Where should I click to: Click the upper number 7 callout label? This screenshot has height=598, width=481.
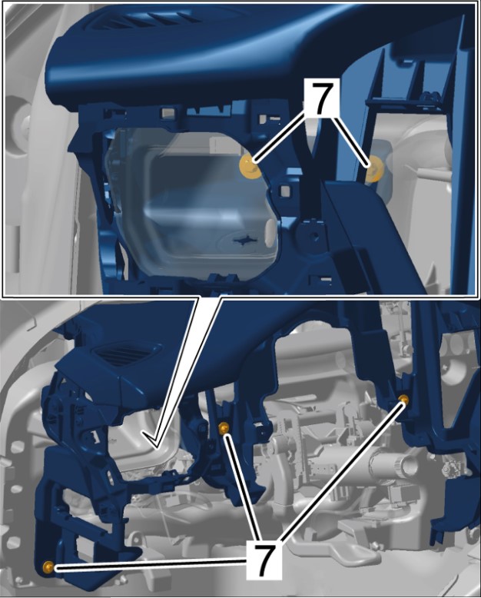321,98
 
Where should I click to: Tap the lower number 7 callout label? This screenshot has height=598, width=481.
265,560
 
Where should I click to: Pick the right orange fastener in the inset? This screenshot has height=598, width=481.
375,169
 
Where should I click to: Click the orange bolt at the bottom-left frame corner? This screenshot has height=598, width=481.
48,567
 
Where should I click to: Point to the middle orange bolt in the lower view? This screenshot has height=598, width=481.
224,428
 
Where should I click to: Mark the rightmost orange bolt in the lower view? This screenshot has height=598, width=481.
403,400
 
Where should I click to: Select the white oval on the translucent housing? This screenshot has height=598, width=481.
270,231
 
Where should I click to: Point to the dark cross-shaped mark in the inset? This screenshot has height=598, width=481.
243,239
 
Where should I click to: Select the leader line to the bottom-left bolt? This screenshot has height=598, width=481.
151,563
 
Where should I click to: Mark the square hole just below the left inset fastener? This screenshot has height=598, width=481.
284,189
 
